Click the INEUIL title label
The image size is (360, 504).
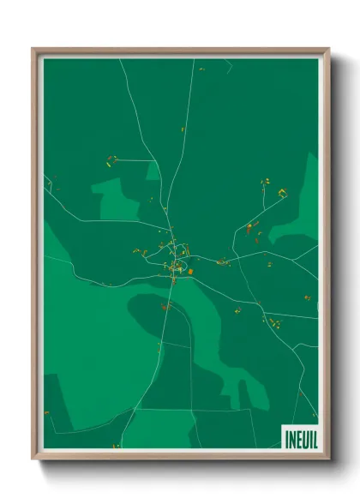[x=298, y=437]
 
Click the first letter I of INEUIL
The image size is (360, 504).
[x=285, y=437]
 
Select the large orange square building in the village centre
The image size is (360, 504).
[x=190, y=272]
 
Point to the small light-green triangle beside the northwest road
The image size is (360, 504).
[x=153, y=171]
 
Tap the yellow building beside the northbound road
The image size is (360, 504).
[x=183, y=130]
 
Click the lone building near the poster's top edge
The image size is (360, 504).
[x=201, y=69]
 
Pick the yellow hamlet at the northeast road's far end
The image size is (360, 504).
[x=282, y=193]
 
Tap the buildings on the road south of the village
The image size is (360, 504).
[x=165, y=305]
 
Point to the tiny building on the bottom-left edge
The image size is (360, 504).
[x=47, y=413]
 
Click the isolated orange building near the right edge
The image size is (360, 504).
[x=307, y=297]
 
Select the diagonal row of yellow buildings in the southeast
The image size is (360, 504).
[x=275, y=323]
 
